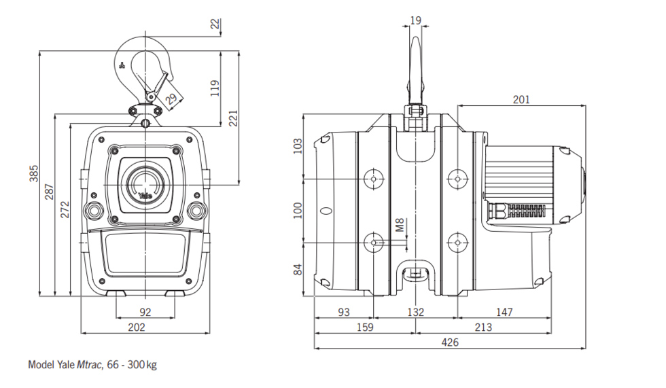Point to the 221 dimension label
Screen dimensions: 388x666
pyautogui.click(x=233, y=118)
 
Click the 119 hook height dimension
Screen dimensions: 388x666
pyautogui.click(x=215, y=89)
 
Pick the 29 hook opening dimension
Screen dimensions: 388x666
pyautogui.click(x=171, y=99)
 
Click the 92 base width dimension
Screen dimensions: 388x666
pyautogui.click(x=144, y=313)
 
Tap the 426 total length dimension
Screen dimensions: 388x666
pyautogui.click(x=450, y=342)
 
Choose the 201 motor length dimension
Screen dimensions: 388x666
pyautogui.click(x=521, y=99)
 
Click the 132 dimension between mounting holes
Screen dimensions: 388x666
pyautogui.click(x=415, y=313)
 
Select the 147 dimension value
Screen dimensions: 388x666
pyautogui.click(x=504, y=313)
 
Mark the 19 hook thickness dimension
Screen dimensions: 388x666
pyautogui.click(x=415, y=21)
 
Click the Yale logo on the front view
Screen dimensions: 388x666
pyautogui.click(x=146, y=196)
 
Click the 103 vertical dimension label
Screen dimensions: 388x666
pyautogui.click(x=296, y=145)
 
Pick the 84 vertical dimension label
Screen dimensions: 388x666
pyautogui.click(x=296, y=270)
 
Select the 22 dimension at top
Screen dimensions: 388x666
pyautogui.click(x=215, y=24)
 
